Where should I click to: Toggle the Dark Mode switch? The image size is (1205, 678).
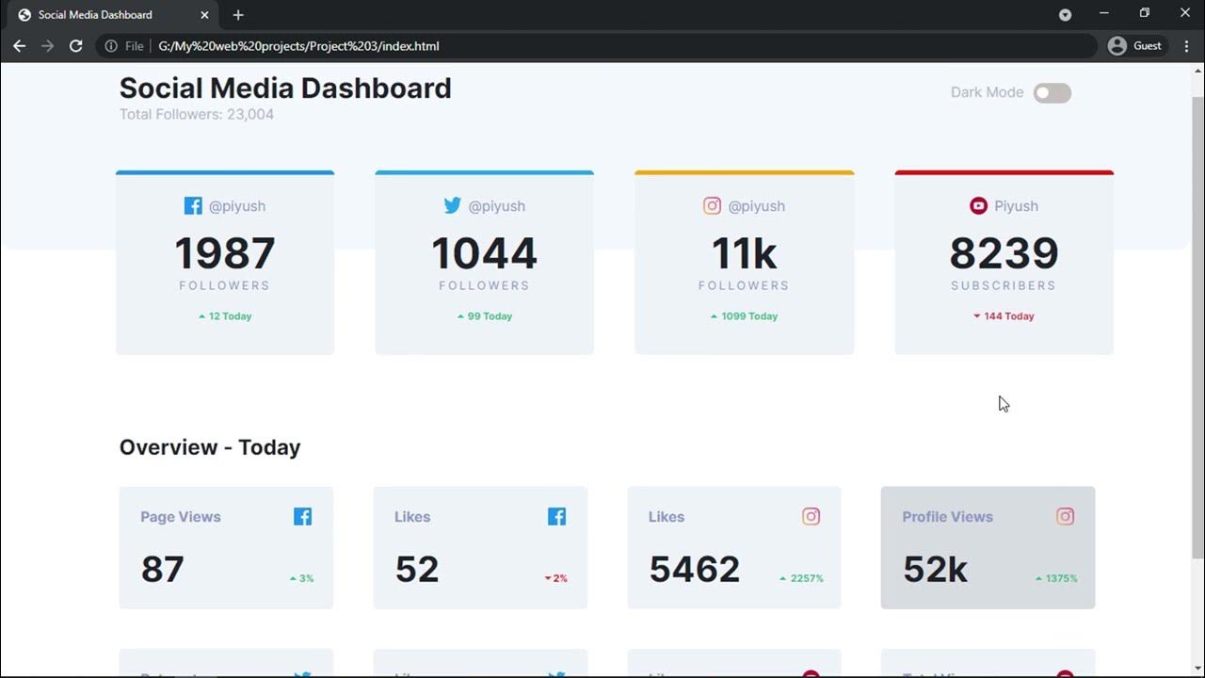click(1052, 92)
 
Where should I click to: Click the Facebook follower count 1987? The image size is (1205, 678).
click(225, 253)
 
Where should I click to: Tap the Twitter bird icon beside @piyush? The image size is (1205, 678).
click(453, 205)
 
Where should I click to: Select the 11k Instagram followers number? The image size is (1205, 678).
click(744, 253)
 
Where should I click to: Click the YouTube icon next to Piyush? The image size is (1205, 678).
click(978, 205)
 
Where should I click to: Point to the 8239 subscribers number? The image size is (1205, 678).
click(1004, 253)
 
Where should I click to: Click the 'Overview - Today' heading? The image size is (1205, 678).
click(210, 447)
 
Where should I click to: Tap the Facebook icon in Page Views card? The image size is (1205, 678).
click(302, 516)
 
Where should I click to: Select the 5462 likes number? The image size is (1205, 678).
click(694, 569)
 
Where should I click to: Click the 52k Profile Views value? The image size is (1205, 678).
click(935, 569)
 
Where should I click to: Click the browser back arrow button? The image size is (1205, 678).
click(19, 46)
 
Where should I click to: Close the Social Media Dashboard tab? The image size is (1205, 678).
click(204, 15)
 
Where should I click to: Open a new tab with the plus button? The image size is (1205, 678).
click(238, 15)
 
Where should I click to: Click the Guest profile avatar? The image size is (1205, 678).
click(1117, 46)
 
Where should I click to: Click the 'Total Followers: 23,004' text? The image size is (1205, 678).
click(197, 115)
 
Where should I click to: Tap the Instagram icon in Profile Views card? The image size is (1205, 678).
click(1065, 516)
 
